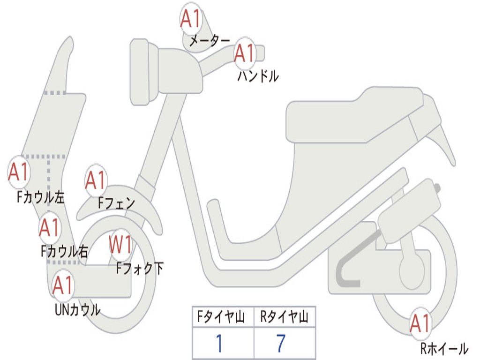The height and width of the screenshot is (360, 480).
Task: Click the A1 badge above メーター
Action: click(x=191, y=19)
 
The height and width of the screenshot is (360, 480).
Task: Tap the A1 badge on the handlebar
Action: click(x=244, y=53)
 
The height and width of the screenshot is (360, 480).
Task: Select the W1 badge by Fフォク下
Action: click(x=120, y=244)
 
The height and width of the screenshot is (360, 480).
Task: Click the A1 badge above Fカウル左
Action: click(x=19, y=172)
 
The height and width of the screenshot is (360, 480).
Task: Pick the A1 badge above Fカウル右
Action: click(x=49, y=228)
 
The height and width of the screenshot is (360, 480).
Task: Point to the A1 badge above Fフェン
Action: click(x=96, y=180)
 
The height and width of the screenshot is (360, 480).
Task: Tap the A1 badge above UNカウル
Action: click(x=63, y=285)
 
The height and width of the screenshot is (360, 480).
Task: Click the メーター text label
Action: click(x=210, y=41)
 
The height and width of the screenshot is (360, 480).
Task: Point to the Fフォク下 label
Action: click(x=140, y=268)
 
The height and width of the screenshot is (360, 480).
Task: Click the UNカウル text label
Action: click(x=78, y=310)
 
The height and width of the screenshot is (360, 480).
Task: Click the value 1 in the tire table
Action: click(x=219, y=344)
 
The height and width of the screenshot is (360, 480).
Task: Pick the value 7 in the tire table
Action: click(x=281, y=344)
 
